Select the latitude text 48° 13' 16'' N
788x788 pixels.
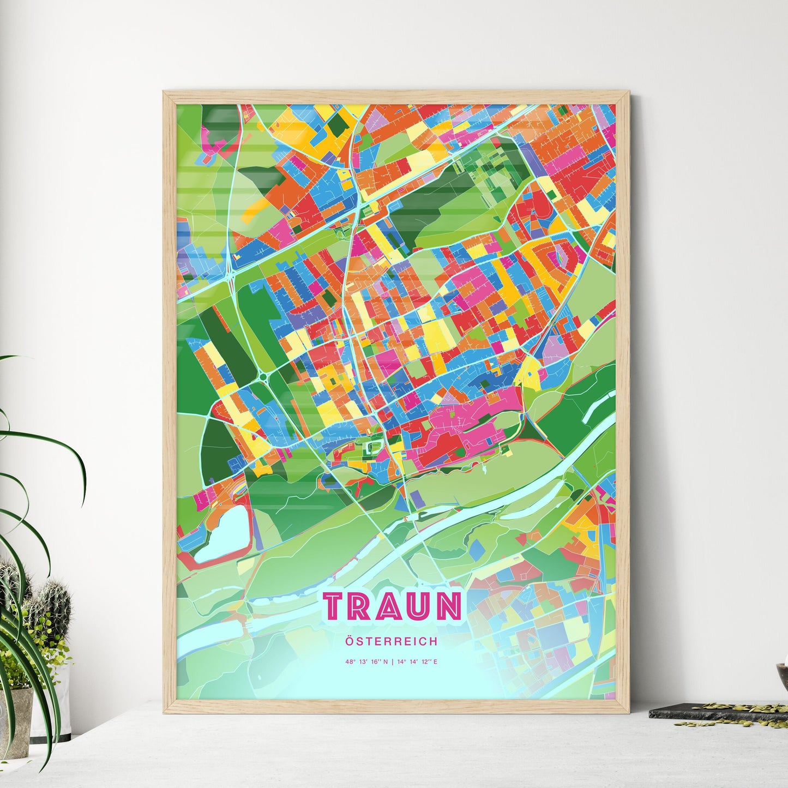367,662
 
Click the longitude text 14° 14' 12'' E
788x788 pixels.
417,662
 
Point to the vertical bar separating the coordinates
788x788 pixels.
393,662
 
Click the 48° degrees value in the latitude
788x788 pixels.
348,662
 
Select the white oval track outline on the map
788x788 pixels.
372,448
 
